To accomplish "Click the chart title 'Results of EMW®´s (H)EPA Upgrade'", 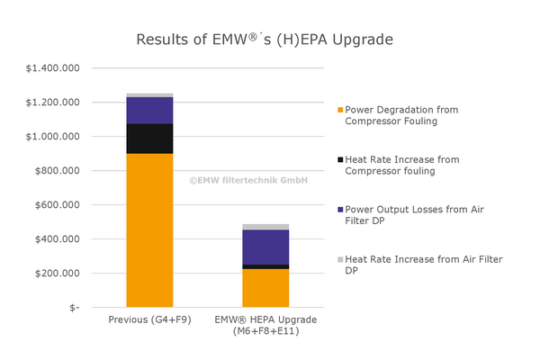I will pos(264,40).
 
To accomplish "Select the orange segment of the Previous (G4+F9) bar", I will pos(149,229).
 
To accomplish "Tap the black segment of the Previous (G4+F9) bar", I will pos(149,139).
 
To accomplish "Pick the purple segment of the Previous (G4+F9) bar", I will pos(149,110).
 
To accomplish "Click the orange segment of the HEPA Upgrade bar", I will pos(240,288).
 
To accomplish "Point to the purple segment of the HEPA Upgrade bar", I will pos(240,247).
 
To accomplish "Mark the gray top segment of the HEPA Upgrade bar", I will pos(240,227).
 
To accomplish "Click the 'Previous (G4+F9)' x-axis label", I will pos(149,320).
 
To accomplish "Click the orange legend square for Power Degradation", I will pos(340,110).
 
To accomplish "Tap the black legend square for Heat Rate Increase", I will pos(340,159).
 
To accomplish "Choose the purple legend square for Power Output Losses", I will pos(340,210).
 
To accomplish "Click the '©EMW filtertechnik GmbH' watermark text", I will pos(248,180).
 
